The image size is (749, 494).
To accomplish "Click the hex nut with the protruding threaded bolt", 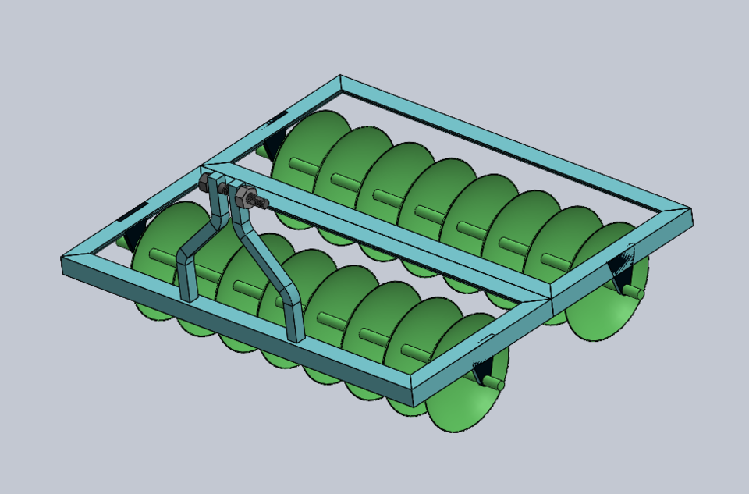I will tap(244, 195).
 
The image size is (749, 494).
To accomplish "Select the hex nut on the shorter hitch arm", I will tap(208, 183).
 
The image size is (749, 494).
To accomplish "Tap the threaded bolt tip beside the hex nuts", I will tap(263, 204).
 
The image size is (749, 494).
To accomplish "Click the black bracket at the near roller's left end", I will tap(135, 230).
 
